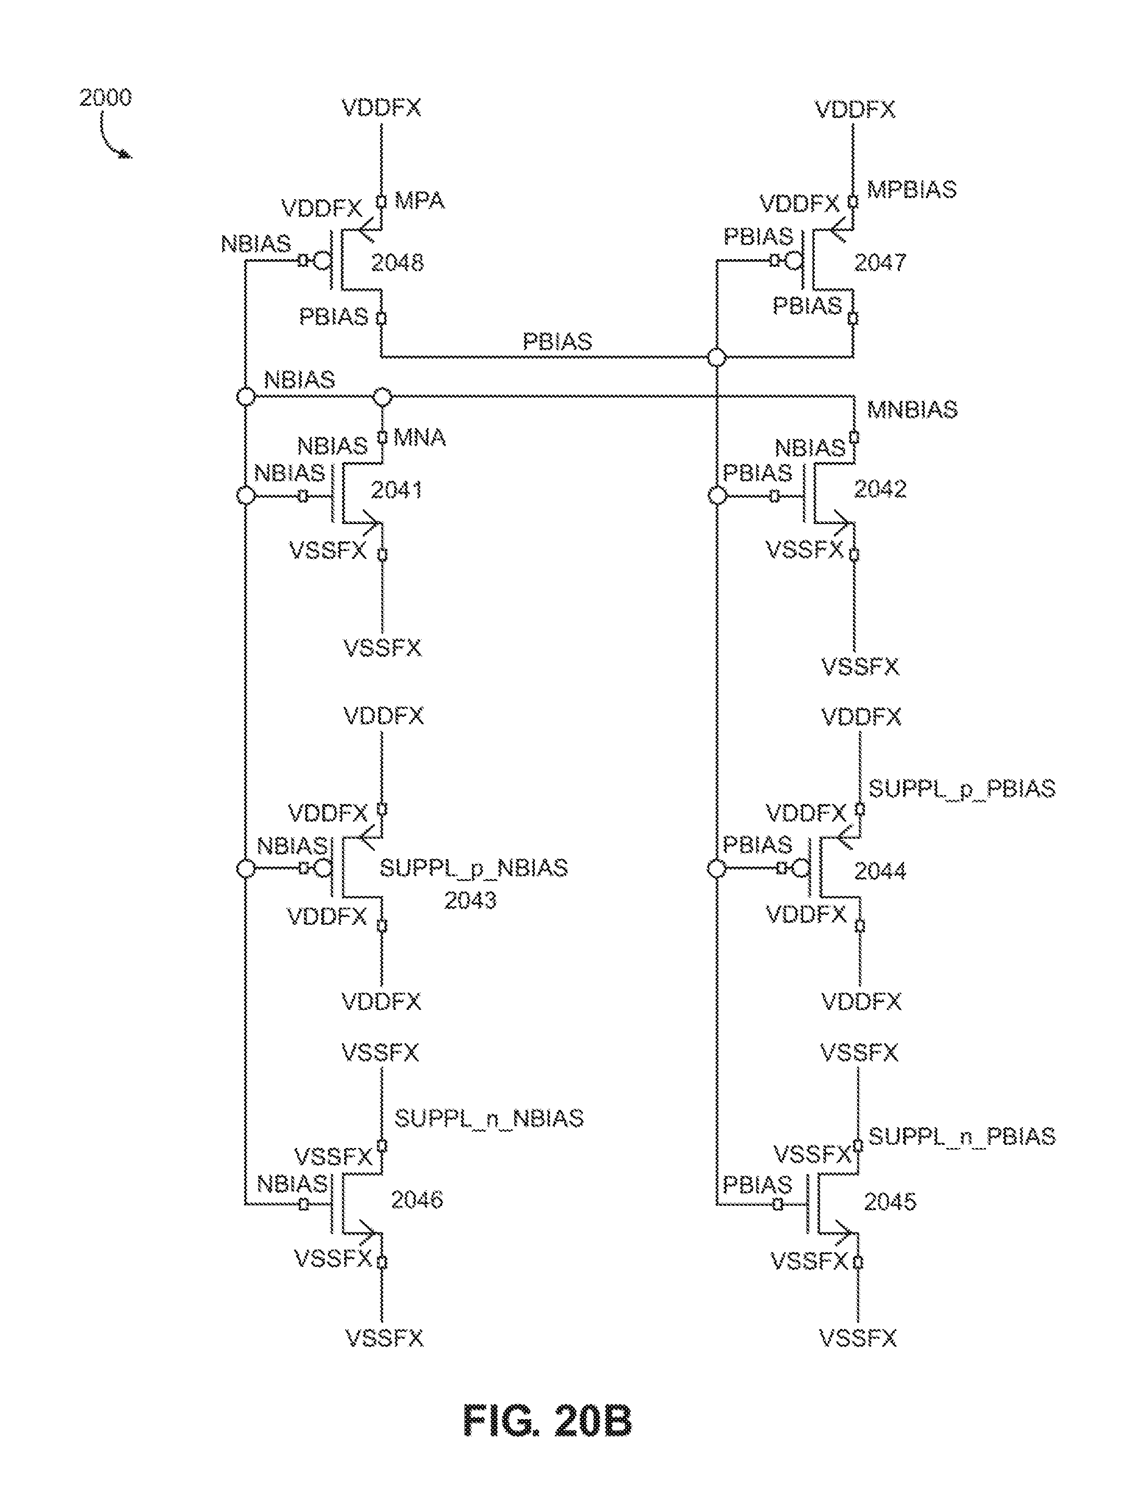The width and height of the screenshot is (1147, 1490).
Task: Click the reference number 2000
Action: (105, 97)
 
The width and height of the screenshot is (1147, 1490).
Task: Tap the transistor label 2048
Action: (397, 263)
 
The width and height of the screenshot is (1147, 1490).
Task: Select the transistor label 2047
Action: (880, 263)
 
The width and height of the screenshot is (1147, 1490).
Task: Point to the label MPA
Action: (419, 201)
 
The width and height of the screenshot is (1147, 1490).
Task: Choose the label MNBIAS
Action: (911, 409)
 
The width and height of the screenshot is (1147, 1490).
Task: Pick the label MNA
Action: (419, 437)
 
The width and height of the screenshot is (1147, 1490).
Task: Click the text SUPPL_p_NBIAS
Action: (473, 868)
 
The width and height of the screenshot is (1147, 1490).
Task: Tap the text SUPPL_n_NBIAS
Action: (489, 1118)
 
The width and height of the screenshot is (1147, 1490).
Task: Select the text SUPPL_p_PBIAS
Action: (961, 789)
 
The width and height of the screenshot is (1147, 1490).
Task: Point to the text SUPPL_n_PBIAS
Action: (961, 1136)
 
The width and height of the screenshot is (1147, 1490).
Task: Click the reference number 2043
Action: (470, 900)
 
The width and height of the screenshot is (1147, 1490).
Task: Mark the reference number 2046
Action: (416, 1200)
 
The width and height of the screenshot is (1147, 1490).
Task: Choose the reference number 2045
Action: (890, 1202)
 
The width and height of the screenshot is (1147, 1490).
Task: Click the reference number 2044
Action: (880, 871)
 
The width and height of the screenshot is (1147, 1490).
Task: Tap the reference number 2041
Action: (396, 490)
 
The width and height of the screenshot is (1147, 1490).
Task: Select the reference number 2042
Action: (880, 489)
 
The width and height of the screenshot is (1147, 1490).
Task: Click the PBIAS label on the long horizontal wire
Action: (557, 341)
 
